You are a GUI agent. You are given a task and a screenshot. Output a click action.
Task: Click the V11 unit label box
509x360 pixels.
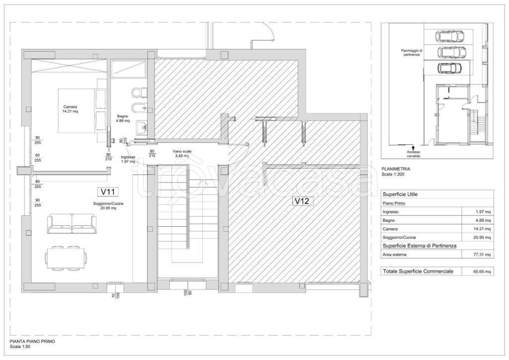(108, 192)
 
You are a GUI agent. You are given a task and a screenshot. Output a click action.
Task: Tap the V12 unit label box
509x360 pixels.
(302, 201)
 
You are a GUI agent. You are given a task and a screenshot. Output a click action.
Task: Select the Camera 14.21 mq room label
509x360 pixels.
(70, 109)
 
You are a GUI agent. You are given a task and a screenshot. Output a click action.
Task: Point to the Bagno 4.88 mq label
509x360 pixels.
(123, 118)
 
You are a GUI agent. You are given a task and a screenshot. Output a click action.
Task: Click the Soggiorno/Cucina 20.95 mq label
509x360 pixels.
(108, 206)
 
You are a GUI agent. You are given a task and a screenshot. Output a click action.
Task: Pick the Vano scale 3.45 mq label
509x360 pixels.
(182, 154)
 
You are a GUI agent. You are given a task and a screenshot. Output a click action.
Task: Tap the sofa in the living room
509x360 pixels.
(72, 224)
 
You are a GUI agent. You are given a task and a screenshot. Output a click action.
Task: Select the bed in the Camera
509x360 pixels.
(83, 111)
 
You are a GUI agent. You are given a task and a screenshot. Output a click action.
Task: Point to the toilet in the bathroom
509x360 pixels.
(140, 92)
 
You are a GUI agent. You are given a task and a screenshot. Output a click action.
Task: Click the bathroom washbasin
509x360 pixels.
(142, 128)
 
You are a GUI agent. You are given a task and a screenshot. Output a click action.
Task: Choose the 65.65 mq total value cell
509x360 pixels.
(483, 271)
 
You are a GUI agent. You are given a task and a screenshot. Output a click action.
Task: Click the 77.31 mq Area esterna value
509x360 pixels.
(482, 255)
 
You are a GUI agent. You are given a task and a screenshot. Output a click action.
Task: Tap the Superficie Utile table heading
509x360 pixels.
(400, 194)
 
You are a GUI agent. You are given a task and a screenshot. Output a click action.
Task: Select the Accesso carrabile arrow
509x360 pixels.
(413, 148)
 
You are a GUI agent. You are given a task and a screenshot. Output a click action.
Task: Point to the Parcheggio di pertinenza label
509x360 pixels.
(411, 53)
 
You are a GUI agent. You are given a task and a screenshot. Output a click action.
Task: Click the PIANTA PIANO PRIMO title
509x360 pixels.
(32, 342)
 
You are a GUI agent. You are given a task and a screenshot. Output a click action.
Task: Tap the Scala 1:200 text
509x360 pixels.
(393, 175)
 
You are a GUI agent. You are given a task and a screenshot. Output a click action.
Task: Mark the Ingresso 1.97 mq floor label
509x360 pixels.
(128, 159)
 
